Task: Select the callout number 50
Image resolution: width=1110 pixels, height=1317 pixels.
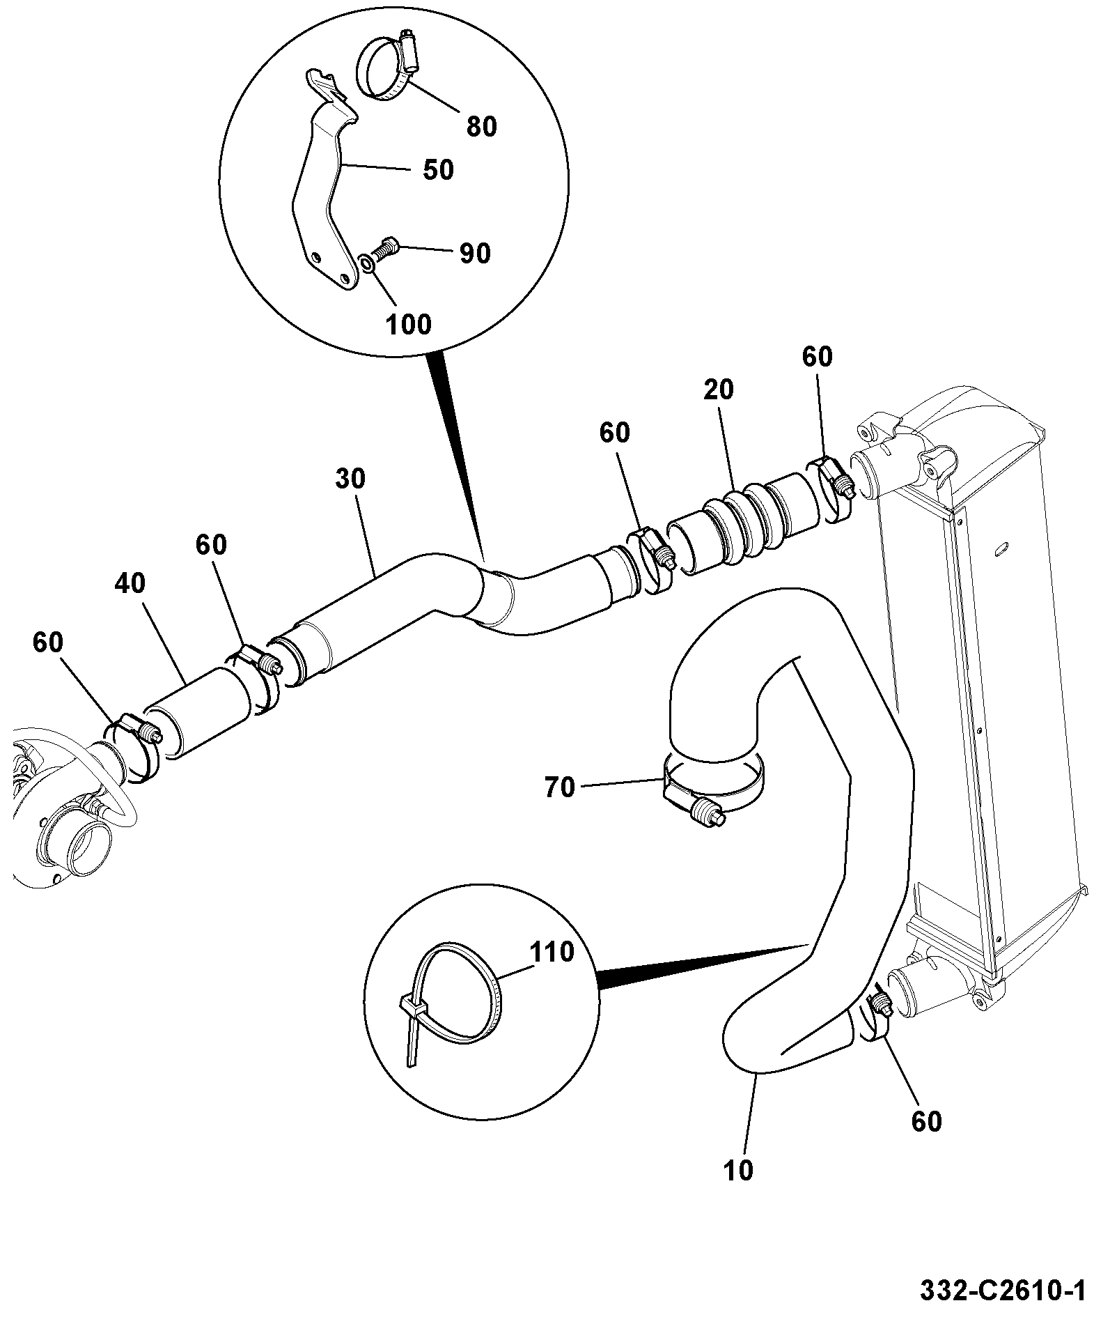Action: (x=439, y=169)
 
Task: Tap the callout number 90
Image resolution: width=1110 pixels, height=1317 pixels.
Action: (x=476, y=253)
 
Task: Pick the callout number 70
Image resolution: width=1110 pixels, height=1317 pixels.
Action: (x=560, y=788)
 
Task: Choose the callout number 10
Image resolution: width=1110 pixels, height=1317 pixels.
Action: (x=738, y=1171)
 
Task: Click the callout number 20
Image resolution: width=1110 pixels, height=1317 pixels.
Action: (x=719, y=390)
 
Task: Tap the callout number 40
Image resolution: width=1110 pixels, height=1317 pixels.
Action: (x=130, y=583)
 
